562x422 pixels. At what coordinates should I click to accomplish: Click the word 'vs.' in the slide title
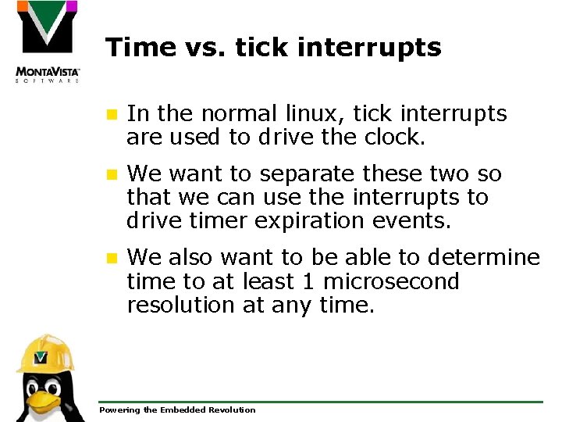(x=195, y=48)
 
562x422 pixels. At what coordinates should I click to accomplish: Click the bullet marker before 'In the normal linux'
(x=112, y=115)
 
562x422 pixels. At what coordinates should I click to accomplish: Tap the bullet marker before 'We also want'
(x=112, y=258)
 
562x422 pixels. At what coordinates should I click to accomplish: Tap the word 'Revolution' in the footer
(x=229, y=410)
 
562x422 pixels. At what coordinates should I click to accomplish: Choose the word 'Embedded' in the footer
(x=180, y=410)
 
